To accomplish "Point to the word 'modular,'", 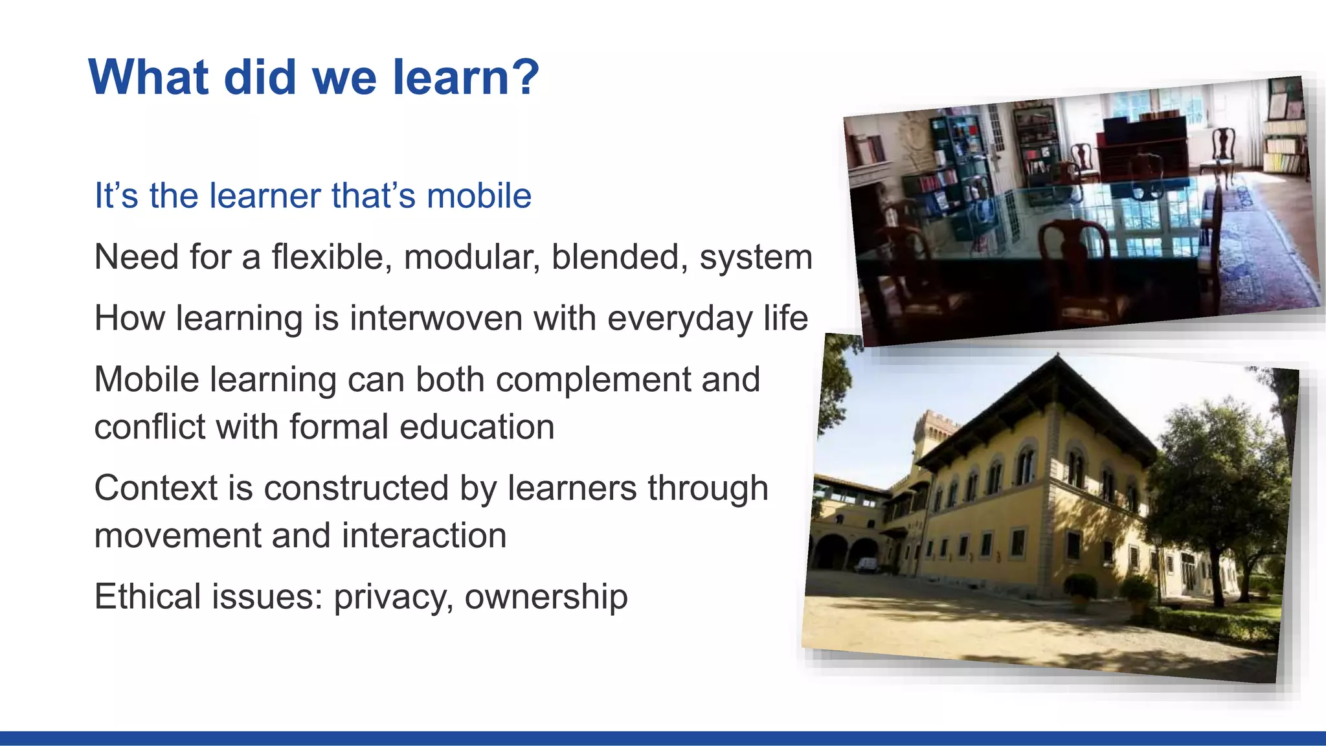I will (x=473, y=257).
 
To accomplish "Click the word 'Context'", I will (x=155, y=488).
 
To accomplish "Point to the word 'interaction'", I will (x=424, y=536).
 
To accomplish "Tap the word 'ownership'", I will (x=546, y=598).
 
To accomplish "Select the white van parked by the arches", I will (x=866, y=565).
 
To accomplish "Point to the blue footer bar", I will (x=663, y=738).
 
